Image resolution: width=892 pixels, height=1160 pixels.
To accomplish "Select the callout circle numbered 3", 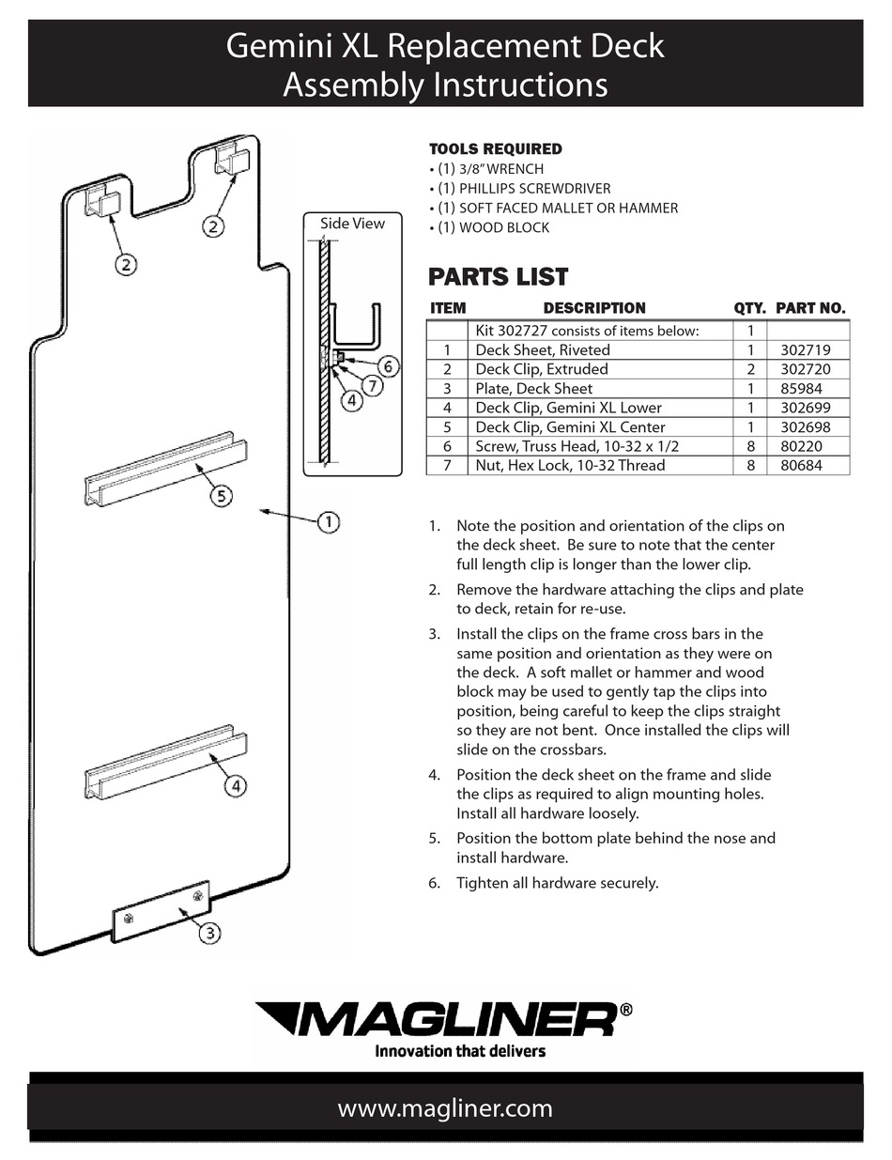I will (x=209, y=932).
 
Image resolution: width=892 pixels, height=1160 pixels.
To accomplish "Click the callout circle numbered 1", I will (x=328, y=521).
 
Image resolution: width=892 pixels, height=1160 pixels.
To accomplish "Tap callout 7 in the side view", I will (x=373, y=384).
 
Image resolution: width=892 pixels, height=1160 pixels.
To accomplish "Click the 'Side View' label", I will (x=352, y=223).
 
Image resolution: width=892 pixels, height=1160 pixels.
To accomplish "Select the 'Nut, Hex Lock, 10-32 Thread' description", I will (x=569, y=465).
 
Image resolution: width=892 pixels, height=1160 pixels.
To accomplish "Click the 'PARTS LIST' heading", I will (x=498, y=276).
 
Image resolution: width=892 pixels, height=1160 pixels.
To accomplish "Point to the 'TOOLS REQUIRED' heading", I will (x=495, y=148).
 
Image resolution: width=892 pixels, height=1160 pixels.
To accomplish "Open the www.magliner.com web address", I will (x=445, y=1108).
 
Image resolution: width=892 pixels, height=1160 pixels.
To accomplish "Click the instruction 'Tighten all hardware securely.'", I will (x=557, y=883).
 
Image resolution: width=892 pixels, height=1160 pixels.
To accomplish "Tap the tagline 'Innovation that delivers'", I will (x=460, y=1050).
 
